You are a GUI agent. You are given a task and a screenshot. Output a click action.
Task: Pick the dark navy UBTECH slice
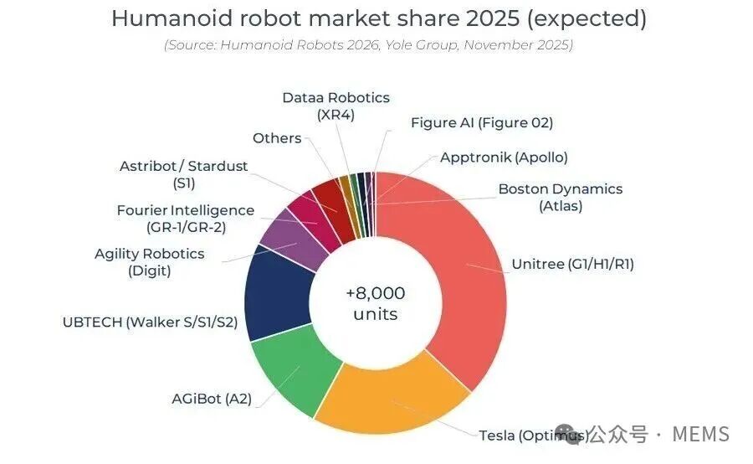point(276,293)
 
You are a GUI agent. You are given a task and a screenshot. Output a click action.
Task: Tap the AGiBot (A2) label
point(213,399)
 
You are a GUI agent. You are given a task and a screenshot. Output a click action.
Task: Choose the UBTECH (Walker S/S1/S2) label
point(150,322)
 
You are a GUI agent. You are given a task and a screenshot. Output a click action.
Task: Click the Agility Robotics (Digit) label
point(150,261)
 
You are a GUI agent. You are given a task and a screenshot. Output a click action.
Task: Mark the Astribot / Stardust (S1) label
point(183,174)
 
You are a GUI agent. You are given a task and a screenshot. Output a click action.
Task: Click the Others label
point(277,137)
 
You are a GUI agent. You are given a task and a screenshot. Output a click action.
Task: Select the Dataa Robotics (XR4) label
point(336,106)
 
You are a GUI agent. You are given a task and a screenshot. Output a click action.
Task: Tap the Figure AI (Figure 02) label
point(482,122)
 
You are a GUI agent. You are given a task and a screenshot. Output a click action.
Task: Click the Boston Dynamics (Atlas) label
point(560,197)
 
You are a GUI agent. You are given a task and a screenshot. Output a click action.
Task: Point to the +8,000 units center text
point(375,303)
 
